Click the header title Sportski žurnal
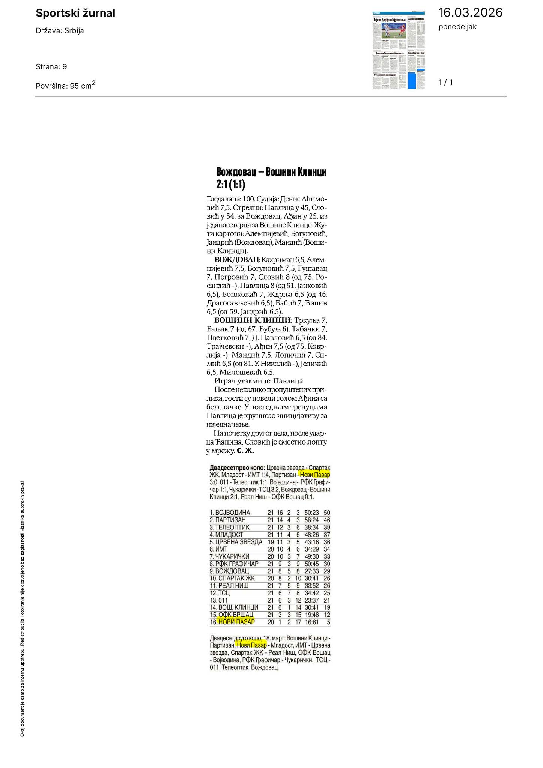click(x=75, y=14)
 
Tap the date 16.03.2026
click(x=470, y=13)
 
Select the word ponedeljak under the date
click(x=457, y=27)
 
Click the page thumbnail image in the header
click(x=399, y=50)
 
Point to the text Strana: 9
click(x=51, y=67)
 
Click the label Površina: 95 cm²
click(x=65, y=85)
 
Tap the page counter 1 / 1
click(x=445, y=83)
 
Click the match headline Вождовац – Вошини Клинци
click(x=271, y=172)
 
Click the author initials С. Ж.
click(x=245, y=451)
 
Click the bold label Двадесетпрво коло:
click(x=237, y=468)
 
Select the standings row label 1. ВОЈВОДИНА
click(x=230, y=513)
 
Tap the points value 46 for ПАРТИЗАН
click(x=326, y=520)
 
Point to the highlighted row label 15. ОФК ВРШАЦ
click(x=232, y=615)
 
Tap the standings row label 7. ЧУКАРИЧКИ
click(x=229, y=556)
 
